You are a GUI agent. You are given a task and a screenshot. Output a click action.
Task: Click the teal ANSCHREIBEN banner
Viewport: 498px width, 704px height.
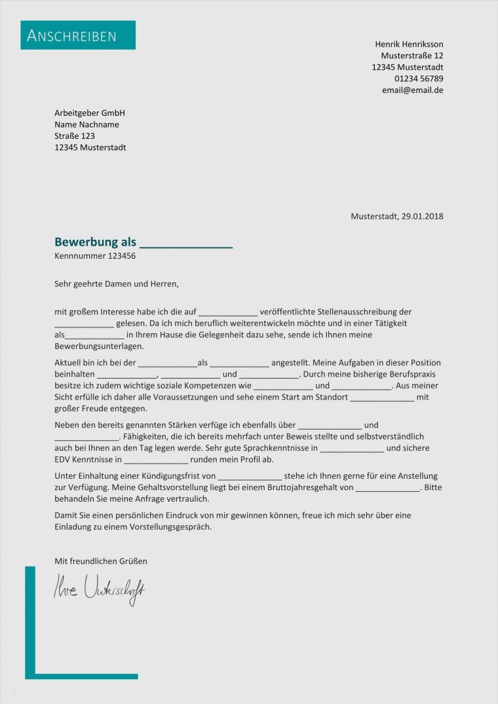(x=78, y=35)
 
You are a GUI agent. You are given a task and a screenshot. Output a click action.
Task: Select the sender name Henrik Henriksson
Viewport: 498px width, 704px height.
(x=409, y=44)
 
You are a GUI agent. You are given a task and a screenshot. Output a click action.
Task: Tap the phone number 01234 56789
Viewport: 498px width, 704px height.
(x=418, y=79)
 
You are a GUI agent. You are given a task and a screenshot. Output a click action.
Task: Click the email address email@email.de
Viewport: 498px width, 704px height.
(x=412, y=90)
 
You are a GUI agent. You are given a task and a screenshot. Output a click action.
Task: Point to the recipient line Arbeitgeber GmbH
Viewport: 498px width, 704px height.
(x=90, y=113)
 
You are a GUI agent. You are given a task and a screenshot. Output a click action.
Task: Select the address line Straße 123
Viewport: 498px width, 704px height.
(x=75, y=136)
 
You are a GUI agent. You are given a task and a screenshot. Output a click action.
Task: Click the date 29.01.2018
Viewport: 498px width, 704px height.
(x=423, y=216)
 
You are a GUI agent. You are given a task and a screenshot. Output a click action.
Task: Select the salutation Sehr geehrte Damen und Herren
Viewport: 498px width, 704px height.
(x=117, y=284)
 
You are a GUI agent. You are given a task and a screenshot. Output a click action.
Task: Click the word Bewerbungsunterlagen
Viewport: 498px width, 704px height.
(x=99, y=346)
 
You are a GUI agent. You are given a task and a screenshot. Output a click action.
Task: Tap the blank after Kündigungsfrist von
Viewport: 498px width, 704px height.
(x=250, y=476)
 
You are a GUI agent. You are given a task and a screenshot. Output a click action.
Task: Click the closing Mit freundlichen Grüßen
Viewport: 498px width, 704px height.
(x=101, y=561)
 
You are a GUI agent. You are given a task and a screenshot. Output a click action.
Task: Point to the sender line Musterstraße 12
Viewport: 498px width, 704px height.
(x=412, y=56)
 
